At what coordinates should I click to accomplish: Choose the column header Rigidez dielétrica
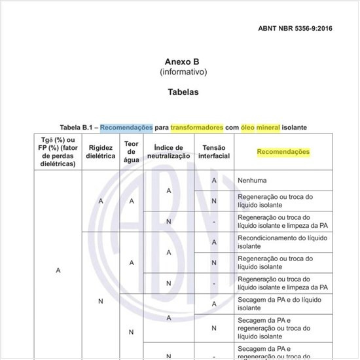[101, 152]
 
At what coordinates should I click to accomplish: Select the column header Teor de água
[131, 152]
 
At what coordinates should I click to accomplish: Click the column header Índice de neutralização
[168, 152]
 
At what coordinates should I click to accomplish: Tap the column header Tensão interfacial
[214, 152]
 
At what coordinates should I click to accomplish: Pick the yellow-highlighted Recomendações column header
[283, 152]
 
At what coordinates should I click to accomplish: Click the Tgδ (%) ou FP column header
[58, 152]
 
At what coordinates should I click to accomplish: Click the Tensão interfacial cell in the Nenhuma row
[214, 180]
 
